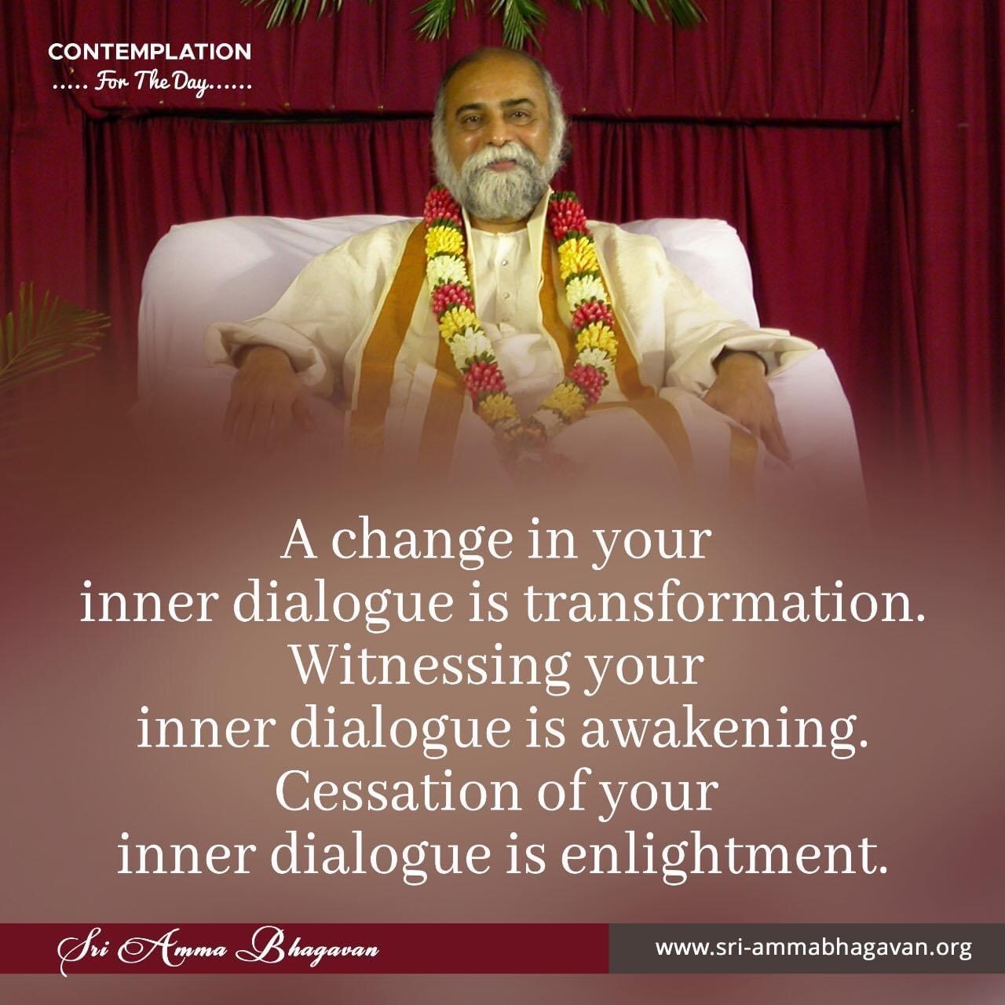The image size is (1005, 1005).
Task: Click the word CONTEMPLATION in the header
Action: tap(150, 52)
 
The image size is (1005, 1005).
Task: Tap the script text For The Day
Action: tap(152, 83)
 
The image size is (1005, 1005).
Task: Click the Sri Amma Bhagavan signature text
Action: tap(218, 948)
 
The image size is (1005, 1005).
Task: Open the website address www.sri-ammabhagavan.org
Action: tap(813, 948)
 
